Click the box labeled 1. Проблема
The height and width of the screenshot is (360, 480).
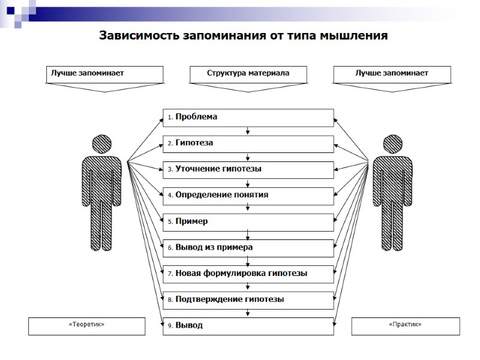(248, 118)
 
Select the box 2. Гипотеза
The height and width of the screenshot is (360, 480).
(248, 143)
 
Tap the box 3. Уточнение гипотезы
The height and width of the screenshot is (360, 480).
(248, 169)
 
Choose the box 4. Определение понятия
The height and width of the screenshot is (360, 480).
(248, 196)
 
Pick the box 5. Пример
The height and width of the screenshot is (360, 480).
(248, 222)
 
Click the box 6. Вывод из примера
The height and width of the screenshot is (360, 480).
(248, 248)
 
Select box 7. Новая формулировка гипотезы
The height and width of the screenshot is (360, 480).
(248, 274)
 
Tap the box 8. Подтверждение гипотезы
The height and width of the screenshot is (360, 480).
(248, 299)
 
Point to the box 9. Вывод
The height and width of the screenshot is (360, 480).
(248, 326)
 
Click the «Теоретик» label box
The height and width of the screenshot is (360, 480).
(86, 326)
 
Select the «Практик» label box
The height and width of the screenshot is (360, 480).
(405, 326)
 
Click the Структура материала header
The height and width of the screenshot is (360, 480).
(248, 74)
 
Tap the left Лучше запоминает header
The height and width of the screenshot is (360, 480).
(104, 74)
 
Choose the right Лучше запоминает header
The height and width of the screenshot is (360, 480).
(391, 74)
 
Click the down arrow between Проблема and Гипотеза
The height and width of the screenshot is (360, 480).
(248, 131)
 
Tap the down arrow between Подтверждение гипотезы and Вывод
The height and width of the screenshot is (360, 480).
(248, 313)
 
